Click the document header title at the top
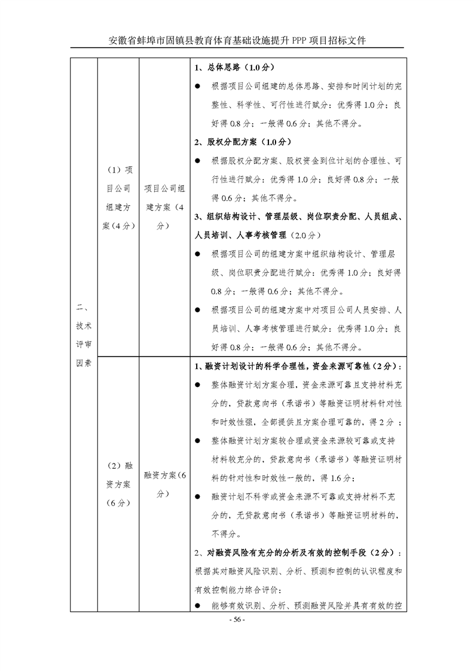pos(237,40)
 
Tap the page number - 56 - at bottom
pos(237,619)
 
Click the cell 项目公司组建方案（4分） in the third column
pos(164,207)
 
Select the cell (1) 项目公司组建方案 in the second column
pos(118,198)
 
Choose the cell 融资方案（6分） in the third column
pos(164,484)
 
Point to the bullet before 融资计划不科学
pos(198,496)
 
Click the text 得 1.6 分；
pos(338,478)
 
